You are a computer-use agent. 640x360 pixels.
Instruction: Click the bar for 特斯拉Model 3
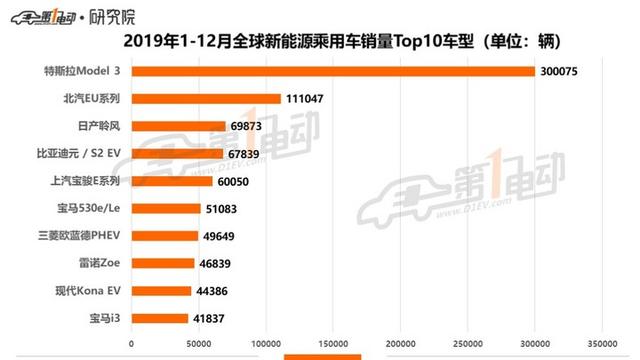(333, 71)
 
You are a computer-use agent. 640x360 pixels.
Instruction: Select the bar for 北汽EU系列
(206, 99)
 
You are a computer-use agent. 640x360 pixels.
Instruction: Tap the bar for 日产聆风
(178, 126)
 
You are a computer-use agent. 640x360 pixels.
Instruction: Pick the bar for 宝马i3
(160, 318)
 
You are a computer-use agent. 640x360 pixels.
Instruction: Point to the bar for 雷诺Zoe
(163, 263)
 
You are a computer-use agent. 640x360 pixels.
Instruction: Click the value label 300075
(560, 71)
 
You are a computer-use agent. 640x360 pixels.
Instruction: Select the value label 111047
(306, 99)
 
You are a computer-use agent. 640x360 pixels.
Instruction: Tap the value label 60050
(237, 181)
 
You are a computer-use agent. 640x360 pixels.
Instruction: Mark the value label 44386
(214, 291)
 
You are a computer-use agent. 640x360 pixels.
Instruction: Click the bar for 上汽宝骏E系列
(172, 181)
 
